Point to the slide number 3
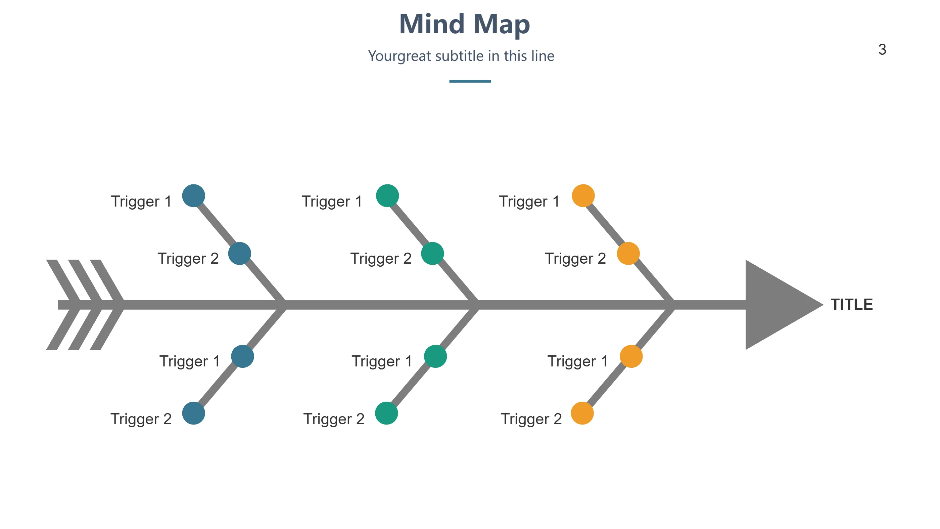tap(882, 50)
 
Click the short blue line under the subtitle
tap(470, 81)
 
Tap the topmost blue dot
tap(193, 196)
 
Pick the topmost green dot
tap(387, 196)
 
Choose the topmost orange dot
tap(583, 196)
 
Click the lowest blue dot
tap(193, 413)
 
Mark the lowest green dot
tap(386, 413)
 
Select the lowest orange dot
tap(582, 413)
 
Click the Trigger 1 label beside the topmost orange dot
tap(529, 202)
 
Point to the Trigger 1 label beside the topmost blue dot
tap(141, 202)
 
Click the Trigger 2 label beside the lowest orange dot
tap(531, 419)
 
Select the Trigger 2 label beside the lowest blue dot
tap(141, 419)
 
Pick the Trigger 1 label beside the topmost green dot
tap(332, 202)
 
